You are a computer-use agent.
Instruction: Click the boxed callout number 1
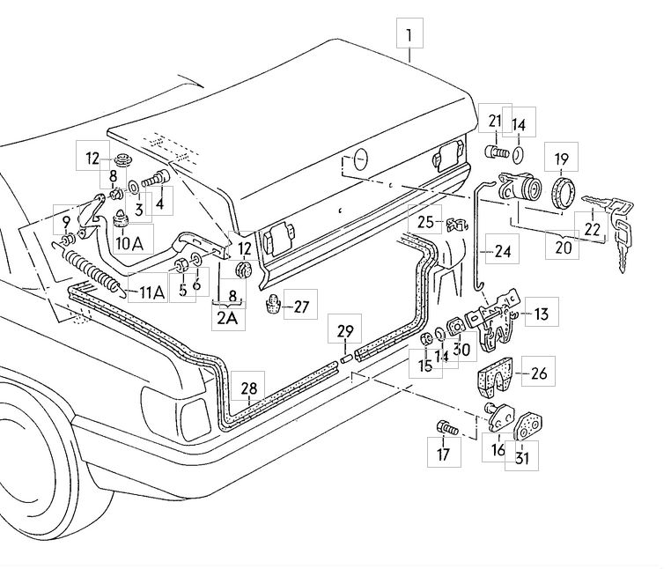pos(409,37)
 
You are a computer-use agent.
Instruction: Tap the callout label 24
pos(502,251)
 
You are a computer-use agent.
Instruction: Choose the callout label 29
pos(345,330)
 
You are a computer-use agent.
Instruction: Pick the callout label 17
pos(444,454)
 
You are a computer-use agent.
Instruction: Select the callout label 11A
pos(147,293)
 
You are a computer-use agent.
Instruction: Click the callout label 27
pos(301,307)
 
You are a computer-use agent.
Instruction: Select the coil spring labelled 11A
pos(91,270)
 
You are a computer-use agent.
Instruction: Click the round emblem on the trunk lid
pos(357,160)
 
